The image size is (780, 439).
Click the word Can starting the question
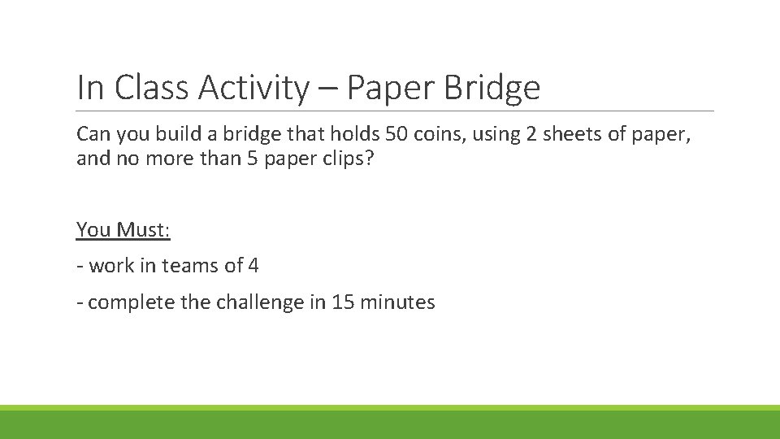coord(93,133)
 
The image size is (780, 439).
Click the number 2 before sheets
coord(531,133)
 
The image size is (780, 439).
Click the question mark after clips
coord(370,158)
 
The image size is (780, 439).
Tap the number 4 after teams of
coord(253,266)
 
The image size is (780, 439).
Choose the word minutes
coord(398,303)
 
